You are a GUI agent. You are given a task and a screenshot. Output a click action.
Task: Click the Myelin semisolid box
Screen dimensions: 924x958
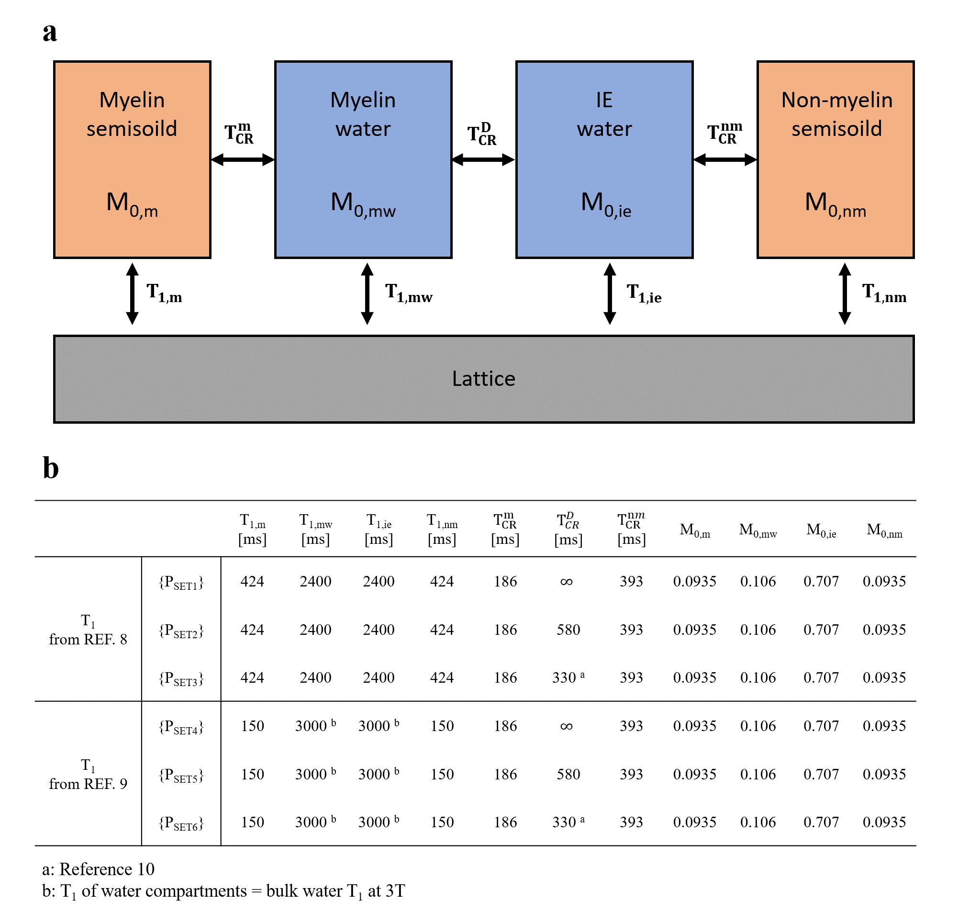point(132,159)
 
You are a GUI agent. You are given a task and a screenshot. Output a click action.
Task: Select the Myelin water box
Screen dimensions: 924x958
point(363,159)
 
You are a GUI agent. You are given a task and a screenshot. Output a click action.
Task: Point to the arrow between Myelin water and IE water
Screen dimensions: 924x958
point(483,159)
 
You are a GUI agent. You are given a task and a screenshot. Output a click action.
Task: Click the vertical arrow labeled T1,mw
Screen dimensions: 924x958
point(367,293)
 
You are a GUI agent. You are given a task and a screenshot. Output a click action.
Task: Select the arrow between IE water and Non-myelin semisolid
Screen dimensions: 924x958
point(725,159)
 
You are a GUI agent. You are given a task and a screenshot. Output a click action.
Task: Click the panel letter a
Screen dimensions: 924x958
point(50,32)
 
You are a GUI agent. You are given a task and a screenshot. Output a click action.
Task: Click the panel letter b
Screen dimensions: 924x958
point(51,467)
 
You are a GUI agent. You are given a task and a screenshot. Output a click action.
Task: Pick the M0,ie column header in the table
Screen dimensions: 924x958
point(821,530)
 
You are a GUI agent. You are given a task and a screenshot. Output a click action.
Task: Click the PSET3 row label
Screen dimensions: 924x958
point(181,678)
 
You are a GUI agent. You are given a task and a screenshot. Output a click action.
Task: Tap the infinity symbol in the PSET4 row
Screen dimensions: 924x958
point(567,726)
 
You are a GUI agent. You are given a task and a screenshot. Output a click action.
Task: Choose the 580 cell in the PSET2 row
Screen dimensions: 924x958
point(568,630)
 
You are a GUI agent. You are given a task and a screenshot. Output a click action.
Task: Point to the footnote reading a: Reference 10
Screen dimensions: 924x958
point(98,869)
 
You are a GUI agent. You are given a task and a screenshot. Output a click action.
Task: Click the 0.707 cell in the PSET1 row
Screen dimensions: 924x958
point(821,581)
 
